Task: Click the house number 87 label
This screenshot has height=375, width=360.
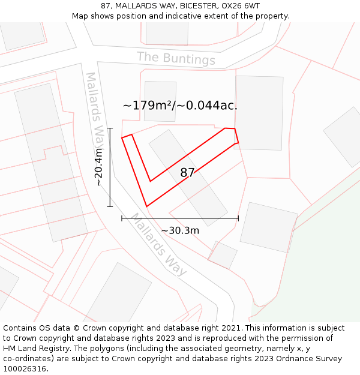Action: [x=187, y=173]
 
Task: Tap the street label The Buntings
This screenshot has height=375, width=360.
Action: [x=176, y=59]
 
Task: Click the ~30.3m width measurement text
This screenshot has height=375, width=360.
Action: [x=180, y=230]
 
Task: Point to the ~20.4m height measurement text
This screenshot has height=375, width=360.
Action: [x=99, y=167]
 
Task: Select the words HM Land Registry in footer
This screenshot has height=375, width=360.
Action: [x=32, y=348]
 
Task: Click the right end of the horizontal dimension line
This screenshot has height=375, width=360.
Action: [x=238, y=218]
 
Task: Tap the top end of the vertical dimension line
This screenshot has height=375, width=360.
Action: [x=110, y=128]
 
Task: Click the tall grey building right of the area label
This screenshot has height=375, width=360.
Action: [x=259, y=112]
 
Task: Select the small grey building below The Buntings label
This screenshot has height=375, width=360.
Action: [x=160, y=101]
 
